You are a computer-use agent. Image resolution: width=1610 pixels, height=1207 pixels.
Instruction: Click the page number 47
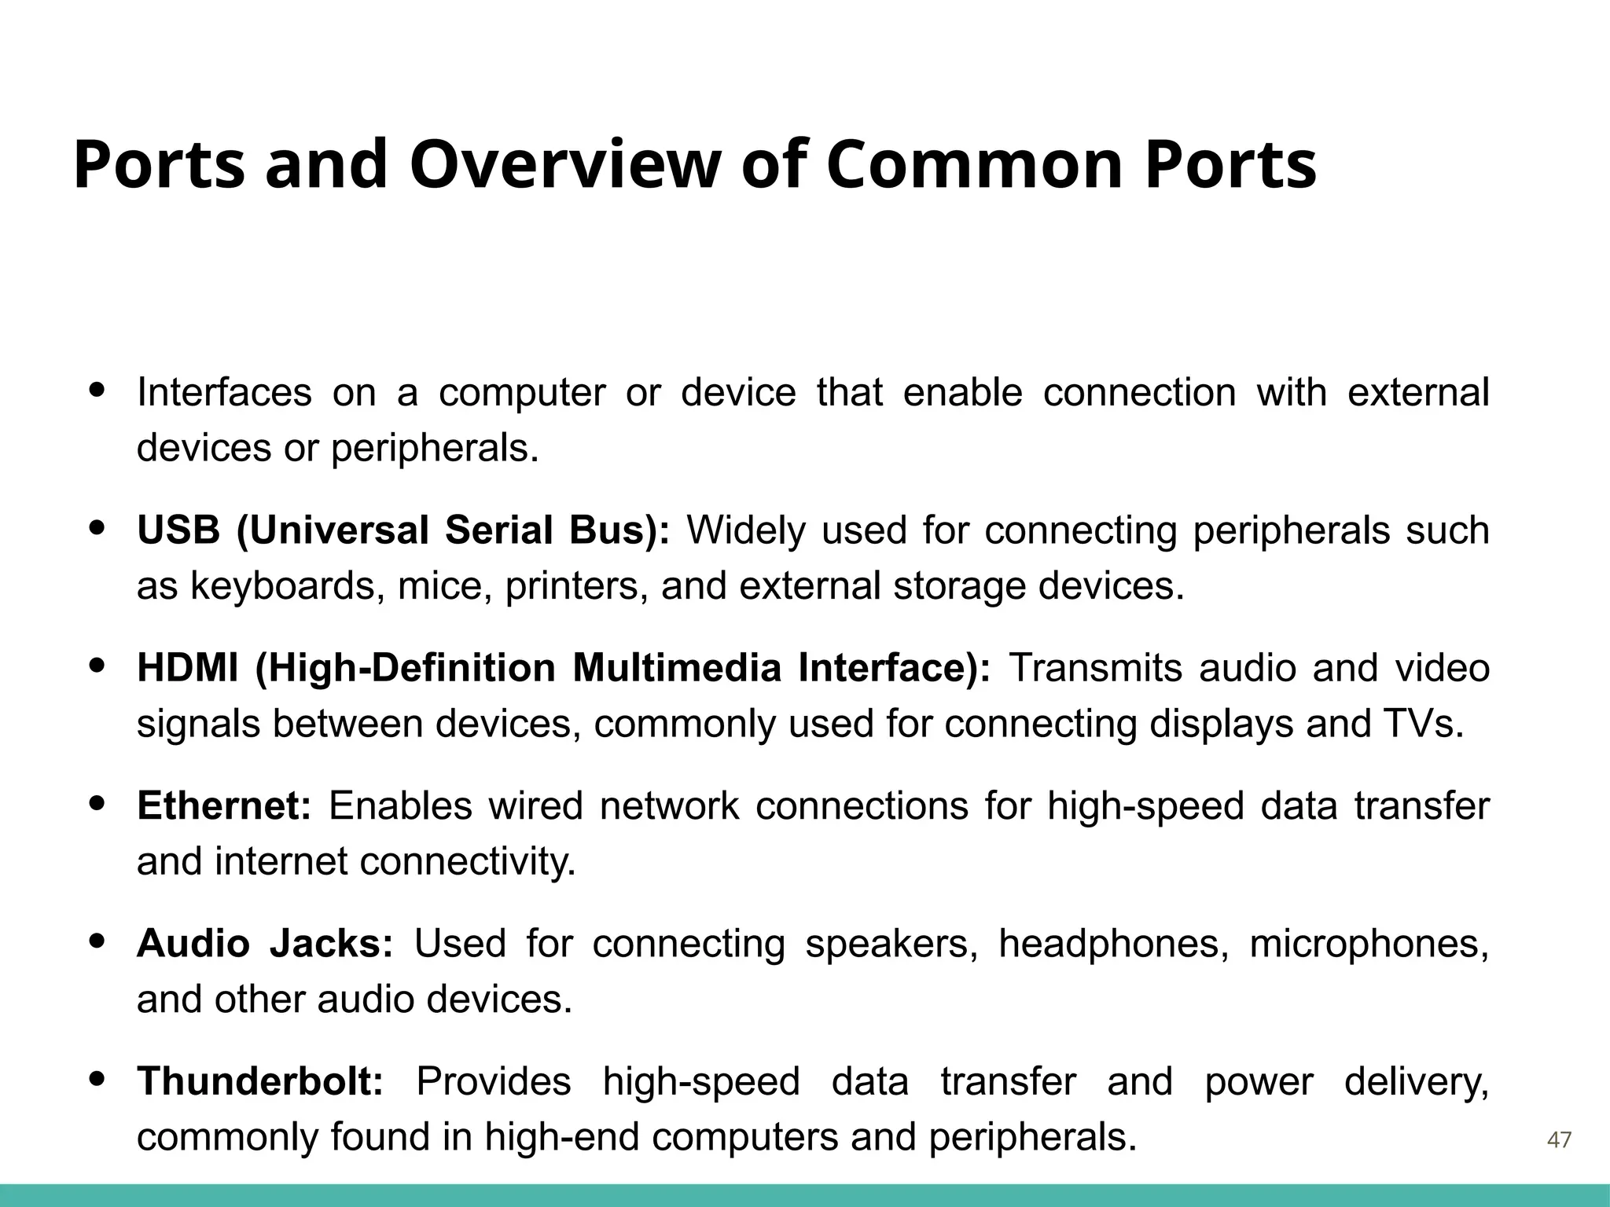click(1559, 1139)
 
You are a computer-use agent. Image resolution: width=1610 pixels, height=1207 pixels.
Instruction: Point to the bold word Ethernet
click(224, 806)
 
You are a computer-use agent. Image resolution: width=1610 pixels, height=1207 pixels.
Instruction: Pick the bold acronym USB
click(178, 530)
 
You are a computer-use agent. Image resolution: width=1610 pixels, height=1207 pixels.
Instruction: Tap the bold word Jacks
click(330, 944)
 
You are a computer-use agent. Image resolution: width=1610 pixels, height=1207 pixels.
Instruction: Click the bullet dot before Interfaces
click(97, 389)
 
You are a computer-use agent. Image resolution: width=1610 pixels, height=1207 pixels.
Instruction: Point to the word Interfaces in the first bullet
click(224, 393)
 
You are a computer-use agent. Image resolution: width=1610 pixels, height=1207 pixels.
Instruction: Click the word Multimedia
click(676, 669)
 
